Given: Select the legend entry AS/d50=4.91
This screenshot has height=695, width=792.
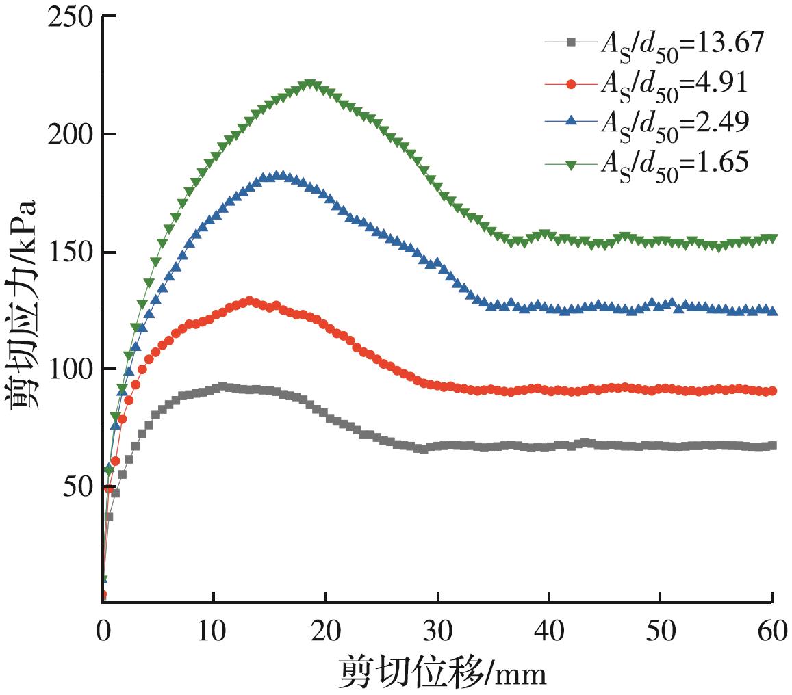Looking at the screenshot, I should [650, 82].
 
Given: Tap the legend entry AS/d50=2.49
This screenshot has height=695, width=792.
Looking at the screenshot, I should [650, 121].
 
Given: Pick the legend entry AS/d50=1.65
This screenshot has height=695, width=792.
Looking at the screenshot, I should [650, 161].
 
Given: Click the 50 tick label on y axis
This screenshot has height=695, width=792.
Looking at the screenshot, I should [75, 486].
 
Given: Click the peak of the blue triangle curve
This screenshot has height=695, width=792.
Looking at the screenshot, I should [279, 176].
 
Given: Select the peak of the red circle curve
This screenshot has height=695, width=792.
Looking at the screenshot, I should [249, 301].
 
